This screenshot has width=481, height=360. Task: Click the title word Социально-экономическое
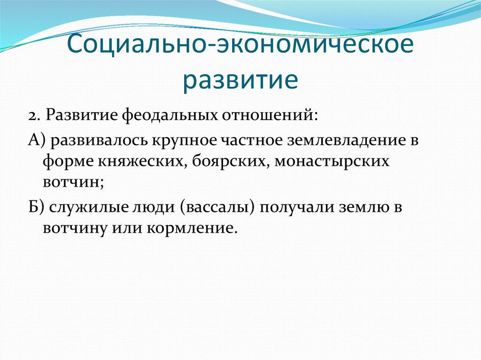coord(240,43)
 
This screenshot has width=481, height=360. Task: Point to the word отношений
coord(268,115)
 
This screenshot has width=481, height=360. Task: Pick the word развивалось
coord(100,141)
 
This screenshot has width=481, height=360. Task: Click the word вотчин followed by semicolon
coord(73,182)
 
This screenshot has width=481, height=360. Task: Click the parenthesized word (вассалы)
coord(217,207)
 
